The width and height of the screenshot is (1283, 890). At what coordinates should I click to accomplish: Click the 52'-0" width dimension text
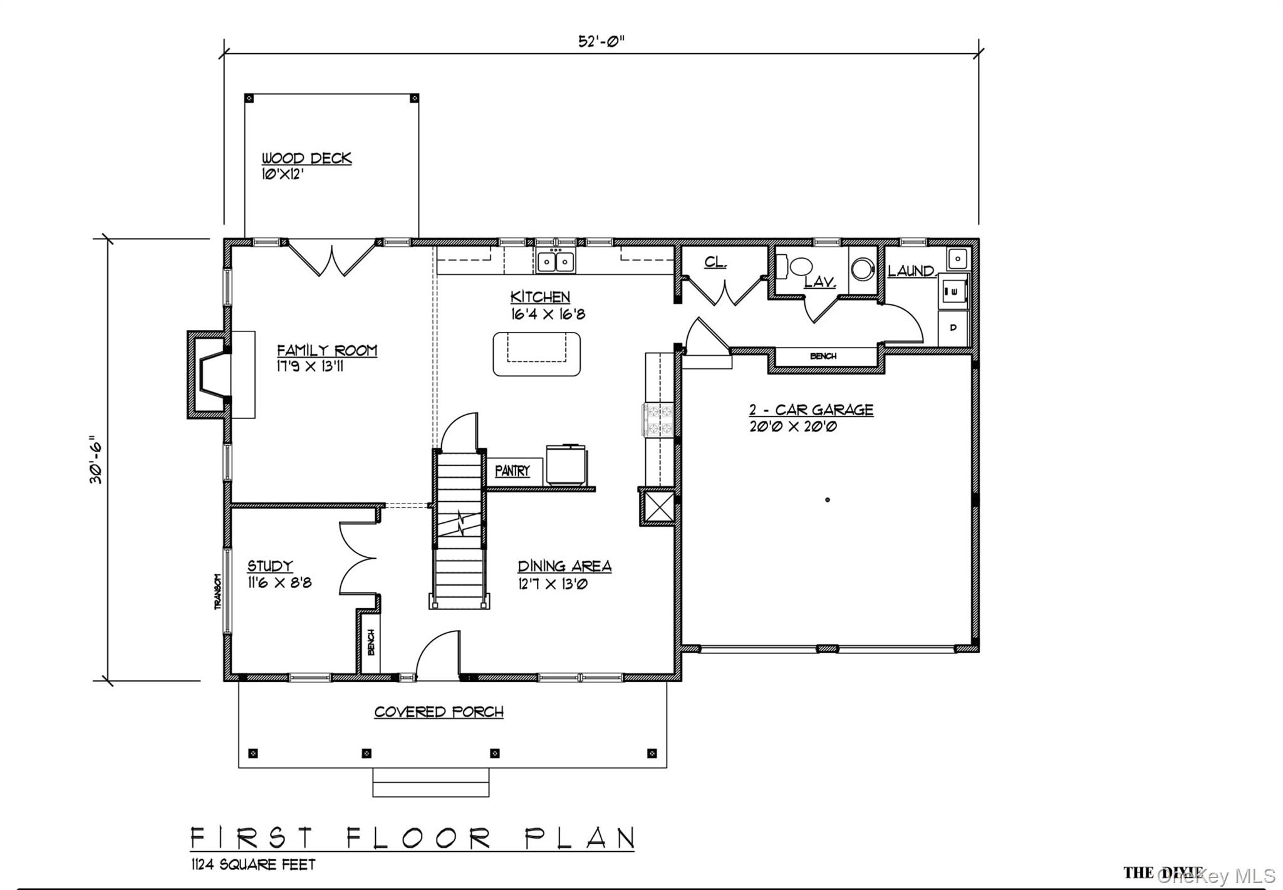[601, 41]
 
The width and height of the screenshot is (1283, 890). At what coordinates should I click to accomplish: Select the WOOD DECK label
[306, 158]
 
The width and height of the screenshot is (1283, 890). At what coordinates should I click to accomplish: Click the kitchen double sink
[556, 261]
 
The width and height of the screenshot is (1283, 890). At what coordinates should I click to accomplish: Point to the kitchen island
[536, 354]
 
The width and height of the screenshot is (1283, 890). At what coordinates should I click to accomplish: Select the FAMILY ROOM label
[327, 349]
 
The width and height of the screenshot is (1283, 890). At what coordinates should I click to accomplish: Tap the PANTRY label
[512, 470]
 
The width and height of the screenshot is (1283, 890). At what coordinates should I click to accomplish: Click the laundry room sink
[958, 257]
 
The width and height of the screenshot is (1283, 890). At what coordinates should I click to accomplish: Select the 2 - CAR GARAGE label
[811, 410]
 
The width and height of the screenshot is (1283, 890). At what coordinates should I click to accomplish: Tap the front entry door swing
[439, 655]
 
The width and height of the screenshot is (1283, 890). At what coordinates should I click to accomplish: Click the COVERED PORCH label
[439, 711]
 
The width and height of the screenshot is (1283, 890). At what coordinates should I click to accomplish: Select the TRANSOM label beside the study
[217, 591]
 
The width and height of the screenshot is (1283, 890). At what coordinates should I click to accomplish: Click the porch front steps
[430, 782]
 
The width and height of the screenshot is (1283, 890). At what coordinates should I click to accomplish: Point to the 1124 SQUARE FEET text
[253, 864]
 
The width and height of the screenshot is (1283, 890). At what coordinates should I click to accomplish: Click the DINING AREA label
[564, 566]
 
